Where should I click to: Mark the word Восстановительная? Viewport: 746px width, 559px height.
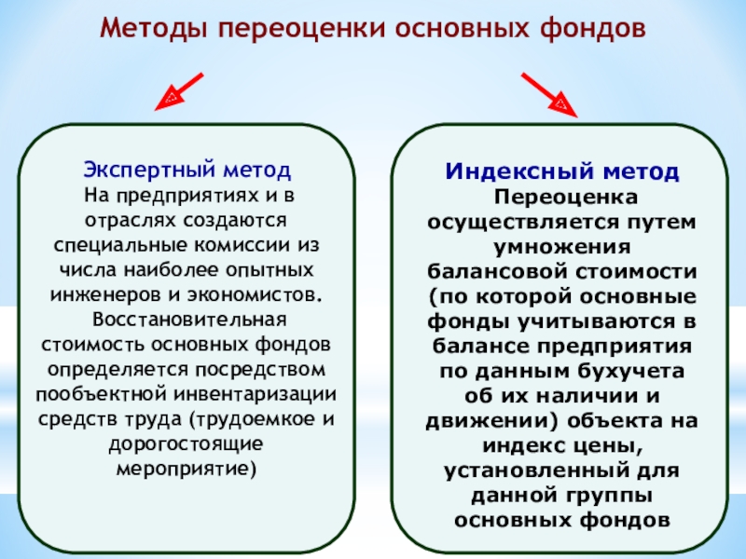187,320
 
